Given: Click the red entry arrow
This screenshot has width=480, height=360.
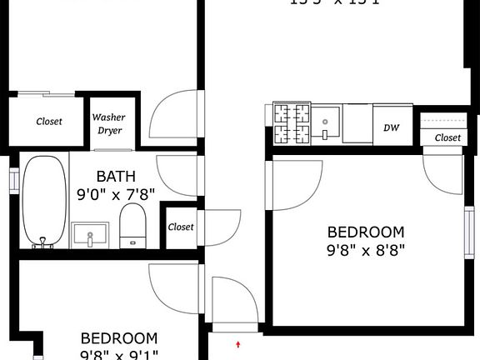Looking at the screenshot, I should pos(239,343).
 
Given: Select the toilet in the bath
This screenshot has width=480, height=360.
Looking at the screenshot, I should pos(132,226).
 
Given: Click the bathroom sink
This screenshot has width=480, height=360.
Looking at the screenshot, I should pos(89,234).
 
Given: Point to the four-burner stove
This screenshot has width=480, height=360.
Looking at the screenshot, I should pos(292,123).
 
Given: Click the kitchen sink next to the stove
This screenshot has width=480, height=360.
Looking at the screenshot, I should pos(327,123).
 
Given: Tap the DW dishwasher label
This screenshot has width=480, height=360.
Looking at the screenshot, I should pos(390,127).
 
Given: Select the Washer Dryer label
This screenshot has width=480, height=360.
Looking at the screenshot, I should pos(107,124).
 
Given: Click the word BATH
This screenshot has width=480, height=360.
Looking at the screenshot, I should pos(114,177).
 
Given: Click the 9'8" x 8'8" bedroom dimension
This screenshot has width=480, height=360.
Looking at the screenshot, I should pos(366,250).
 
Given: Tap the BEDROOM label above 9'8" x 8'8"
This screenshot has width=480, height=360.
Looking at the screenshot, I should pos(366,232).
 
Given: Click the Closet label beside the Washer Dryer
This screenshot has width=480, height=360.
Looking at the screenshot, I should pos(49,122).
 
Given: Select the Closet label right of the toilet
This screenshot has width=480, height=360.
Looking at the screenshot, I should pos(181,227).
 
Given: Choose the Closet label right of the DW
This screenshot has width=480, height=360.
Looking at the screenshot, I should pos(447,137).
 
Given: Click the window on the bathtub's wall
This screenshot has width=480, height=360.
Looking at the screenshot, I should pos(13,181).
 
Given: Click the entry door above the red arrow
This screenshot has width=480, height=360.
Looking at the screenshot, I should pos(232,305).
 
